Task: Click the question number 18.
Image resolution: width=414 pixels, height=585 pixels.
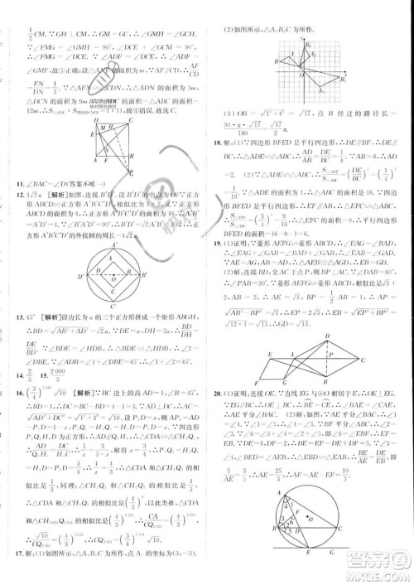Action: click(218, 143)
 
